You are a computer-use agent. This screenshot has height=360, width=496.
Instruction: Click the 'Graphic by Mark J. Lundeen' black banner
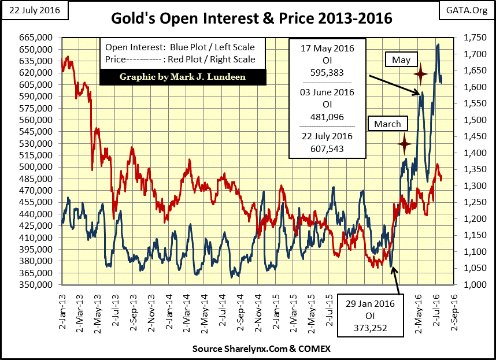coord(183,77)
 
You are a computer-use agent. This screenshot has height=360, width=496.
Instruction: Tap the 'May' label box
coord(401,60)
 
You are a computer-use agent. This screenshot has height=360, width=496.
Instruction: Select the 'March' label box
coord(387,124)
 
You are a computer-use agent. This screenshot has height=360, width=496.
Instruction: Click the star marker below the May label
coord(421,73)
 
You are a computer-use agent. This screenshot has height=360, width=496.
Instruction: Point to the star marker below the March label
coord(405,143)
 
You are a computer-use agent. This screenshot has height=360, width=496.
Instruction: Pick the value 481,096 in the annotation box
coord(328,117)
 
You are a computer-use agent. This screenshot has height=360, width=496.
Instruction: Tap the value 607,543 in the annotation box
coord(328,148)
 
